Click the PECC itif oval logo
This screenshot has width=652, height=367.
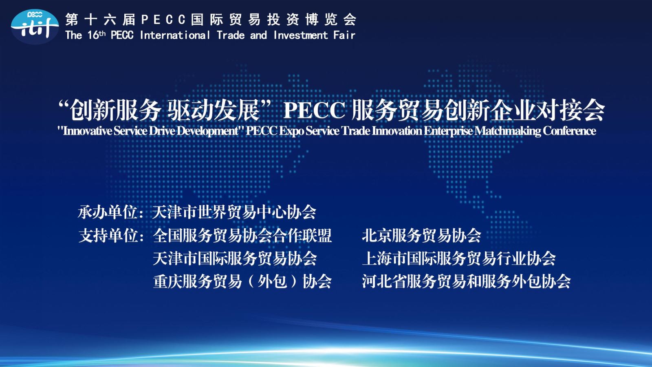tap(35, 27)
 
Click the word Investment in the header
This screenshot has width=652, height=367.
tap(301, 35)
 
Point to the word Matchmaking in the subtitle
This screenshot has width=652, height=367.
tap(508, 131)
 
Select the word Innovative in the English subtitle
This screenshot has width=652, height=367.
tap(88, 131)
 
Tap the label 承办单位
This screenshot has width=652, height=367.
tap(108, 212)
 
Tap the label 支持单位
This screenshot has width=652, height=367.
tap(108, 236)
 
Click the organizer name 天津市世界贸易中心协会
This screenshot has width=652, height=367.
tap(234, 212)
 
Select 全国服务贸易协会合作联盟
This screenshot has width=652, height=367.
tap(242, 236)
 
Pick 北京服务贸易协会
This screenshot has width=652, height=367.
tap(421, 236)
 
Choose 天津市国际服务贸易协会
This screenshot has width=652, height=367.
tap(235, 259)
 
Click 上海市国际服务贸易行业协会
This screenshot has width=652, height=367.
tap(459, 259)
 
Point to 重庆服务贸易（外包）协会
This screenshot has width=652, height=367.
tap(242, 282)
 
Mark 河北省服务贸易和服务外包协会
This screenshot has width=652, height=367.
tap(466, 282)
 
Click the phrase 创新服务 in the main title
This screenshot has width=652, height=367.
tap(116, 110)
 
